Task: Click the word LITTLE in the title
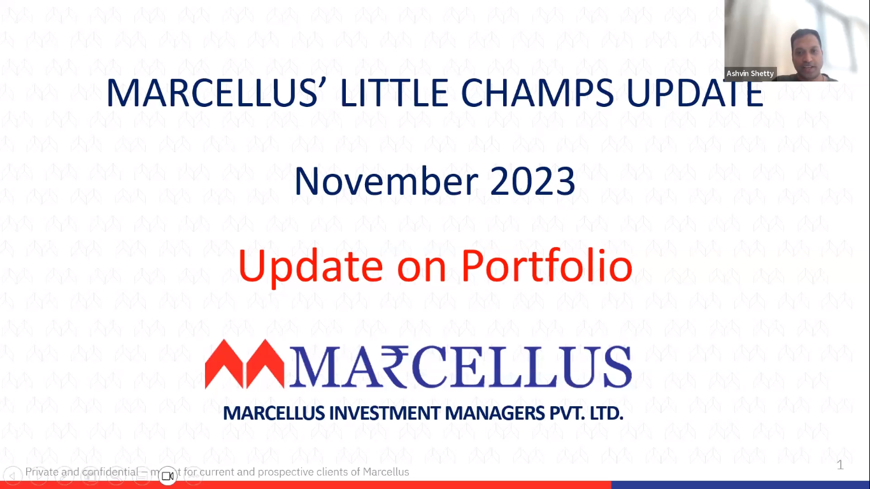(394, 93)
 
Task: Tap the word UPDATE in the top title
(695, 93)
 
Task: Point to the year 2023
(532, 181)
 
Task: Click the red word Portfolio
(547, 266)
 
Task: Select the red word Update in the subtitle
(311, 266)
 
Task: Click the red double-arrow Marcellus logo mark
(245, 364)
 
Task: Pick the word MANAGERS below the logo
(495, 413)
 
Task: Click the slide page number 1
(840, 465)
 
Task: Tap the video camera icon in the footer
(168, 476)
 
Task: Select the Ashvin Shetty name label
(750, 73)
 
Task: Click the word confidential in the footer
(110, 472)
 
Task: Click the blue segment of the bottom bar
(741, 485)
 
